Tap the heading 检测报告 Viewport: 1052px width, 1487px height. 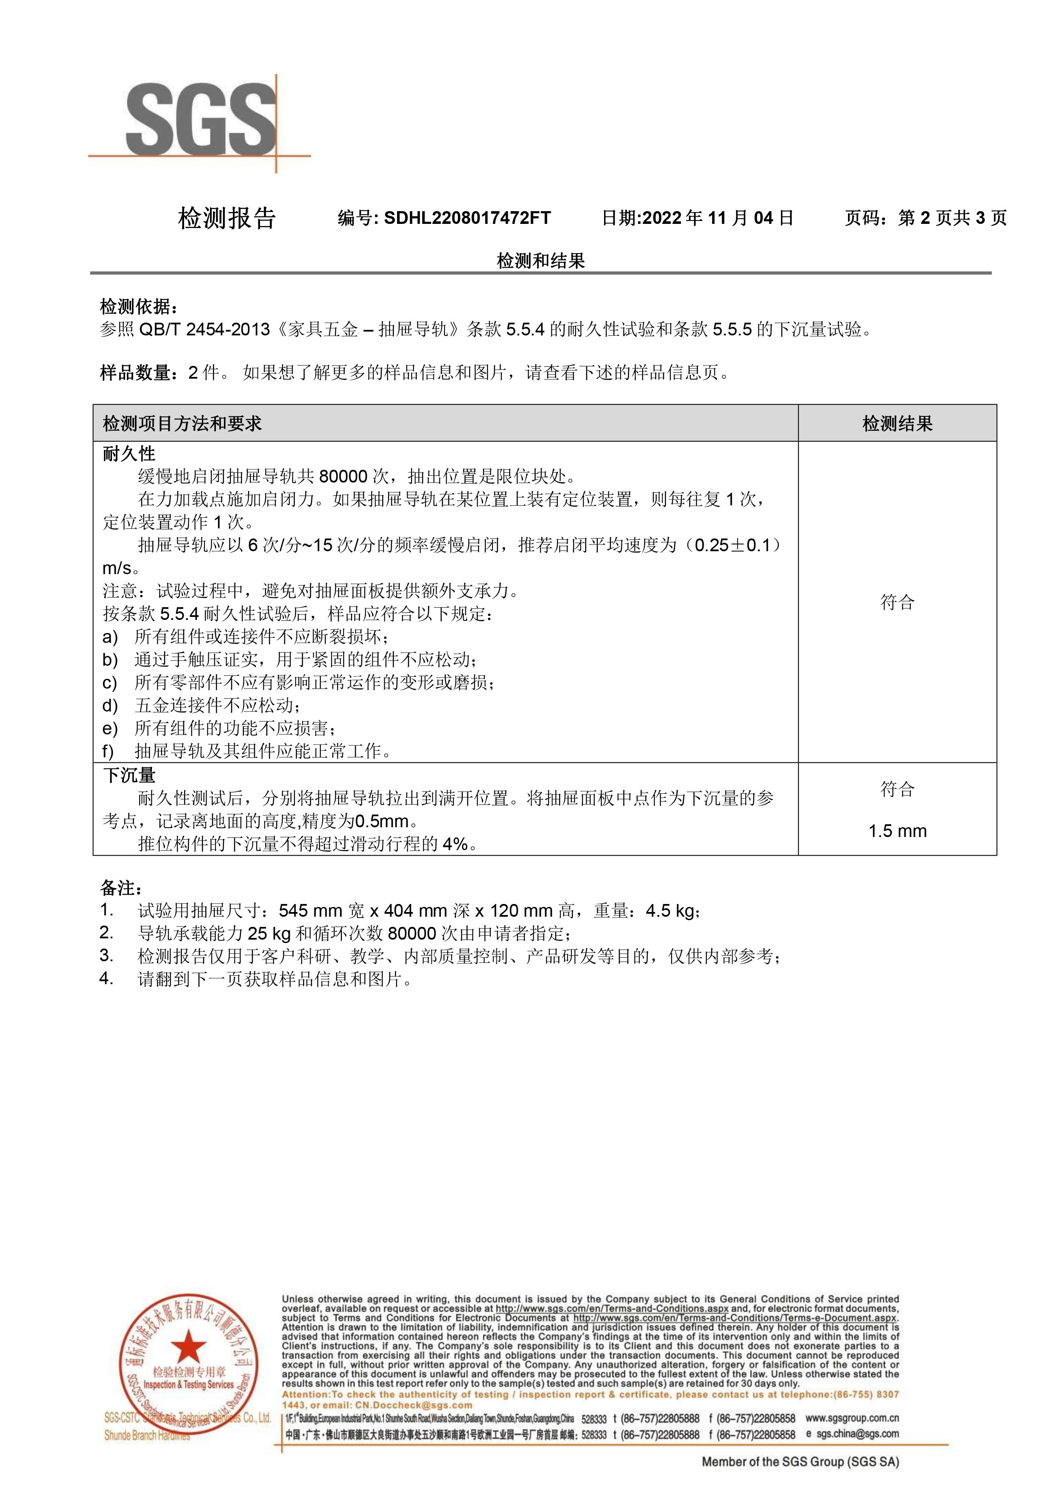[x=227, y=218]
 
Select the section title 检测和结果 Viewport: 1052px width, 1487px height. [x=541, y=261]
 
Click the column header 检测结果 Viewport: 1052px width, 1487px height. [x=897, y=424]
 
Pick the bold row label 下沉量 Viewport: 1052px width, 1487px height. [x=129, y=775]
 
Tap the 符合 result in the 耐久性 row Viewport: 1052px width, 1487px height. [x=897, y=603]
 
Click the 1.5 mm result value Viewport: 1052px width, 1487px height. [x=897, y=831]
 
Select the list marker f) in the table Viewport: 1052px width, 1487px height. [x=108, y=751]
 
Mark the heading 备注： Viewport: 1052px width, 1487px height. [x=121, y=887]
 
